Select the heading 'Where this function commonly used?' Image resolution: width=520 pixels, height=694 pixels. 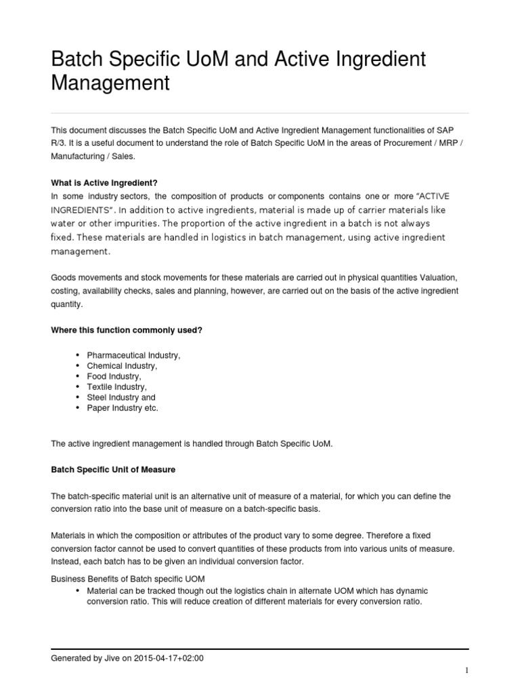coord(127,329)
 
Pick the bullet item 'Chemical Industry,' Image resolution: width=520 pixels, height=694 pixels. coord(122,366)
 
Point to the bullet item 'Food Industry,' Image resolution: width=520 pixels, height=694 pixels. coord(114,376)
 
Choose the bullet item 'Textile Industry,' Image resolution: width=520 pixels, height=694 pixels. coord(116,387)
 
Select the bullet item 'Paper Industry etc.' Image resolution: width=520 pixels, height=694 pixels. coord(122,408)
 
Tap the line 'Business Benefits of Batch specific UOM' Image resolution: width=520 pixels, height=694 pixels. coord(128,578)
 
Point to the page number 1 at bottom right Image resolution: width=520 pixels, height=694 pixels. coord(467,671)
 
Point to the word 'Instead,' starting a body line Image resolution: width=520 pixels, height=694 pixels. coord(66,562)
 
